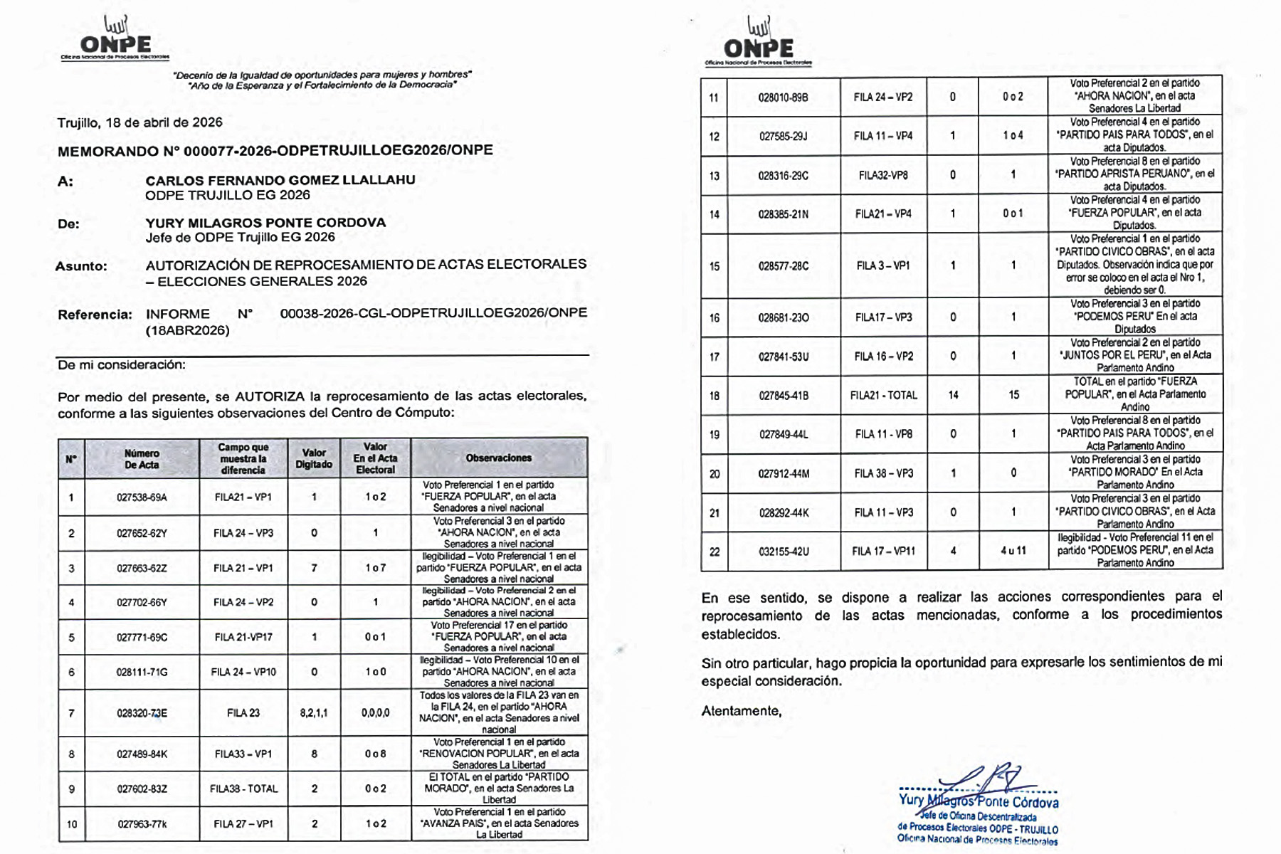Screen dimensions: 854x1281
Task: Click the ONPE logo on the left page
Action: pyautogui.click(x=115, y=39)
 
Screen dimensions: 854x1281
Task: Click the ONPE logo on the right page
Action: pyautogui.click(x=758, y=43)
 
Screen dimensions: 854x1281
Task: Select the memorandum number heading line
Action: pyautogui.click(x=275, y=150)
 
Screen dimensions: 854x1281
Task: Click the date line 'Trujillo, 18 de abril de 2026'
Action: pyautogui.click(x=140, y=122)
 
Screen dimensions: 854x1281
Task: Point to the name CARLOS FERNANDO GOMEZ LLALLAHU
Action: pyautogui.click(x=280, y=180)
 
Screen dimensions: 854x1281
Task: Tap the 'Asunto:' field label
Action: pyautogui.click(x=81, y=266)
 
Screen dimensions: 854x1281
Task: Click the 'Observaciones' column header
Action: pyautogui.click(x=498, y=458)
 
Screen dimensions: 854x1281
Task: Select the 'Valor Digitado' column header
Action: pyautogui.click(x=314, y=458)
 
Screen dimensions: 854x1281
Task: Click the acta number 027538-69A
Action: pyautogui.click(x=142, y=497)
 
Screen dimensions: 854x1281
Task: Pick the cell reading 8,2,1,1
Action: pyautogui.click(x=314, y=712)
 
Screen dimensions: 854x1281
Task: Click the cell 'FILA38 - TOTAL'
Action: pyautogui.click(x=243, y=789)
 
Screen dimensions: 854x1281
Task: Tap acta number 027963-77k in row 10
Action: pyautogui.click(x=142, y=823)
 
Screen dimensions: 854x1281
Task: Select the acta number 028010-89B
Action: pyautogui.click(x=783, y=97)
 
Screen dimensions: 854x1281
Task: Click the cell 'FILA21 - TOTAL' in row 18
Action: pyautogui.click(x=883, y=395)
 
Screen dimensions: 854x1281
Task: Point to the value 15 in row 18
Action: pyautogui.click(x=1013, y=395)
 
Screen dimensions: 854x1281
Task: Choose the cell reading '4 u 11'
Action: pyautogui.click(x=1013, y=551)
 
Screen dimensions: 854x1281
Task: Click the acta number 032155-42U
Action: pyautogui.click(x=783, y=551)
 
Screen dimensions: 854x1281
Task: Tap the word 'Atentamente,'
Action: pyautogui.click(x=741, y=711)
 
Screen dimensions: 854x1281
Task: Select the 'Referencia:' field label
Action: pyautogui.click(x=95, y=315)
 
